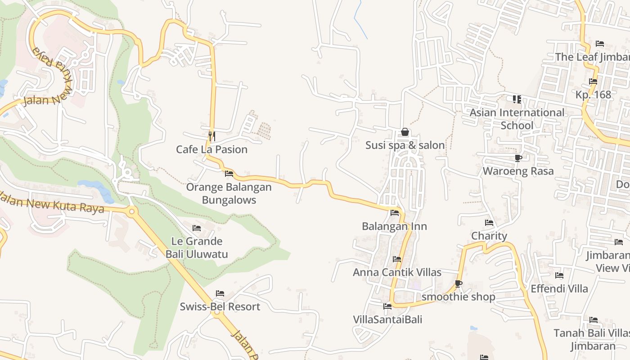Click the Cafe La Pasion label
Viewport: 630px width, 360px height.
click(211, 149)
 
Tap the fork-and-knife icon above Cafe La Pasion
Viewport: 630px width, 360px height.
click(211, 135)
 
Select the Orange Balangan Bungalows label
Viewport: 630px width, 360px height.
click(229, 193)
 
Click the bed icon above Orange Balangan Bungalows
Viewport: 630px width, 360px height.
click(229, 173)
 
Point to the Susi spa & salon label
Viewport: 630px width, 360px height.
click(405, 145)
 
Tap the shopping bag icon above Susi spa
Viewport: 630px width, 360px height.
click(405, 132)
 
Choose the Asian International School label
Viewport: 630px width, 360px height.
click(517, 119)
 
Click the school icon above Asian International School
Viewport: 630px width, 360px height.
click(517, 99)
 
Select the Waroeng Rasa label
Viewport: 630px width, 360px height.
click(518, 171)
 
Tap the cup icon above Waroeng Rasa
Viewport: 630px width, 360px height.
click(518, 158)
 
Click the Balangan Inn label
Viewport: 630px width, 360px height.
click(394, 226)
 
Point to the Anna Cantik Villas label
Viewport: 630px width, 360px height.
click(397, 272)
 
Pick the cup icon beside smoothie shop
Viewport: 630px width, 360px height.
click(458, 283)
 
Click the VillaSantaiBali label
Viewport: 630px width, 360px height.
click(387, 319)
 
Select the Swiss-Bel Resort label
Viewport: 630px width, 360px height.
click(220, 307)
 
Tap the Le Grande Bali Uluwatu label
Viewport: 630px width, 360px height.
click(197, 248)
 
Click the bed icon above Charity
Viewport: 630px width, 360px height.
click(489, 222)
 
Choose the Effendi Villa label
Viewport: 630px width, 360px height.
click(559, 288)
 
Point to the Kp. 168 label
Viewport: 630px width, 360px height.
click(593, 94)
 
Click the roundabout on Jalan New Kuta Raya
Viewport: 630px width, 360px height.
click(131, 211)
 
